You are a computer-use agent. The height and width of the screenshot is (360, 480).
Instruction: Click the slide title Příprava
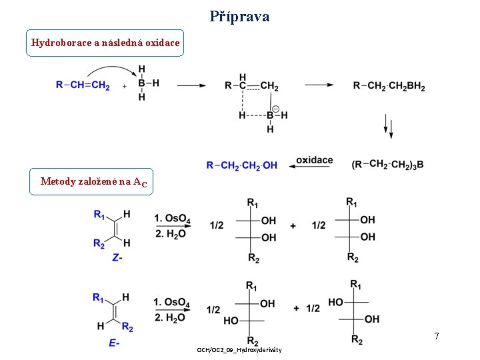pyautogui.click(x=239, y=16)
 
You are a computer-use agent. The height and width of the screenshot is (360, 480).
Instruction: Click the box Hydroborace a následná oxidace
pyautogui.click(x=105, y=43)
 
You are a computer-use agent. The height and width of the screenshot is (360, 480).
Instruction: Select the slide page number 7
pyautogui.click(x=436, y=336)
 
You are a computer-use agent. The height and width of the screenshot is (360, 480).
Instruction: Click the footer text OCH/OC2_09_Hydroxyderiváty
pyautogui.click(x=239, y=350)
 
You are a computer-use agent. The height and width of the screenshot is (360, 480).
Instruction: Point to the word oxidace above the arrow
pyautogui.click(x=314, y=160)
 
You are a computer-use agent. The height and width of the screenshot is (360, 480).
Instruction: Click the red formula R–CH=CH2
pyautogui.click(x=83, y=85)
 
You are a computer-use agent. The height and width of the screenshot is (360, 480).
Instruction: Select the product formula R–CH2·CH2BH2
pyautogui.click(x=389, y=85)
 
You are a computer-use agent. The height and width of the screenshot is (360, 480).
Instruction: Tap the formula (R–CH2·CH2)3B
pyautogui.click(x=387, y=164)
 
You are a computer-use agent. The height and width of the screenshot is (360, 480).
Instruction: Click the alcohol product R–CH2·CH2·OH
pyautogui.click(x=242, y=165)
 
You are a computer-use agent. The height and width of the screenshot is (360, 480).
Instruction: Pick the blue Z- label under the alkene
pyautogui.click(x=117, y=257)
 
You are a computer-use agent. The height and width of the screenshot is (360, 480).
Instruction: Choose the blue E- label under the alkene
pyautogui.click(x=114, y=343)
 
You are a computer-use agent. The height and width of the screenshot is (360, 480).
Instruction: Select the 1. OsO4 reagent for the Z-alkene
pyautogui.click(x=172, y=219)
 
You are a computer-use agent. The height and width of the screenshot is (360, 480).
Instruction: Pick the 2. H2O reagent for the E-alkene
pyautogui.click(x=171, y=317)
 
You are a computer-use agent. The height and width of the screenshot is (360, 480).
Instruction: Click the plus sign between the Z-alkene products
pyautogui.click(x=293, y=226)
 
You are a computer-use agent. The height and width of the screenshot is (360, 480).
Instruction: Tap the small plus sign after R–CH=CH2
pyautogui.click(x=125, y=86)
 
